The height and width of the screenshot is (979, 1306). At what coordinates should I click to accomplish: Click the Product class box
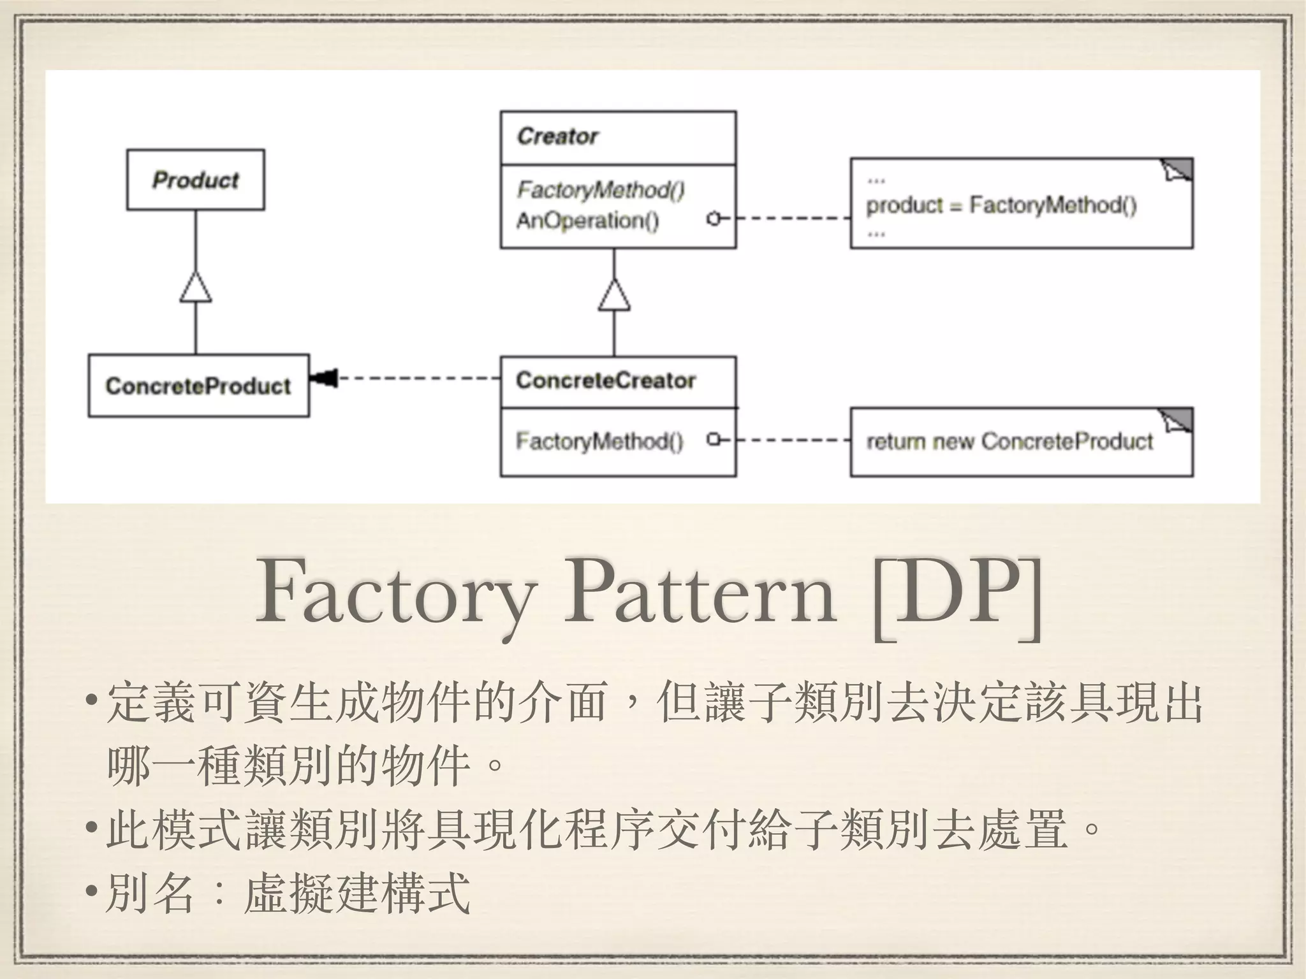(x=195, y=180)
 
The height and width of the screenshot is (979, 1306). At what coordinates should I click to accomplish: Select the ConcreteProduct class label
(x=198, y=386)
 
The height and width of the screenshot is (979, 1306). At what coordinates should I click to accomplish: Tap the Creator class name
(x=557, y=136)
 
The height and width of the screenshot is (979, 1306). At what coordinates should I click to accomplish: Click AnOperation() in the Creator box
(x=587, y=221)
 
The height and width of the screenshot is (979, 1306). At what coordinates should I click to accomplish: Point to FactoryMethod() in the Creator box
(x=600, y=189)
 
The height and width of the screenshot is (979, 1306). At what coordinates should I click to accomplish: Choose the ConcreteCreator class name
(x=605, y=381)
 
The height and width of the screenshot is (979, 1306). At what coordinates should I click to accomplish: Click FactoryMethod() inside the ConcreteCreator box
(x=599, y=441)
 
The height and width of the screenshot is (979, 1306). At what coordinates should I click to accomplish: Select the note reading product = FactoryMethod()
(x=1001, y=205)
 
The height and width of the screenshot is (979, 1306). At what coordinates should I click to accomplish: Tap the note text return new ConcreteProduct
(x=1009, y=441)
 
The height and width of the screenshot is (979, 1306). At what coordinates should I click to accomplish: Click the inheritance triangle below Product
(x=195, y=287)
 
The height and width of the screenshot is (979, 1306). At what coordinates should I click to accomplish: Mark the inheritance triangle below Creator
(x=614, y=296)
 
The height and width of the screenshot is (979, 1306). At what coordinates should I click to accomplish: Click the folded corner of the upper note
(x=1178, y=170)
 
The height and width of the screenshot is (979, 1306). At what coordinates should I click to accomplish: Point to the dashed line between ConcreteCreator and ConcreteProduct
(x=418, y=379)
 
